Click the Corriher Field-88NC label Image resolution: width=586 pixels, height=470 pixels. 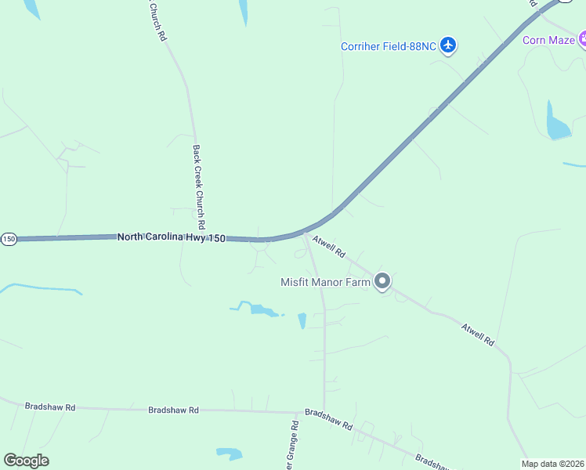[388, 46]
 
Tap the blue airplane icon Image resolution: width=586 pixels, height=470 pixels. [448, 45]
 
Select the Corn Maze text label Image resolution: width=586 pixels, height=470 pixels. [548, 40]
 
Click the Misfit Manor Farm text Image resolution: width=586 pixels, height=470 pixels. [325, 282]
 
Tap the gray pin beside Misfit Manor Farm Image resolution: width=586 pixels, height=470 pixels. [382, 280]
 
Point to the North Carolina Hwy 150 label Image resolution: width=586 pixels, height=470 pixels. [172, 237]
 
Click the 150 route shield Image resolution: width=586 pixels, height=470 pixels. [9, 238]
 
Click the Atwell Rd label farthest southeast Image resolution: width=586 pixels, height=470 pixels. [478, 334]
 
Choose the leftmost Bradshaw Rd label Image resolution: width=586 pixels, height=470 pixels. [50, 407]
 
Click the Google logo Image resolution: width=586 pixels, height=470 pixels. [26, 461]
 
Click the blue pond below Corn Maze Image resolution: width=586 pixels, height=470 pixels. [557, 125]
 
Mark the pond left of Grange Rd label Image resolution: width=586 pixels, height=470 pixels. [230, 454]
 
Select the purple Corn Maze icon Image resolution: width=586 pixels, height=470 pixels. [584, 39]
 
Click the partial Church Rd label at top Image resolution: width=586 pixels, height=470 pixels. [157, 20]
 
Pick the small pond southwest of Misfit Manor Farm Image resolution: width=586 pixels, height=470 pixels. [302, 320]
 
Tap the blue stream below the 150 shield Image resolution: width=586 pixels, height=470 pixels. [39, 288]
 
